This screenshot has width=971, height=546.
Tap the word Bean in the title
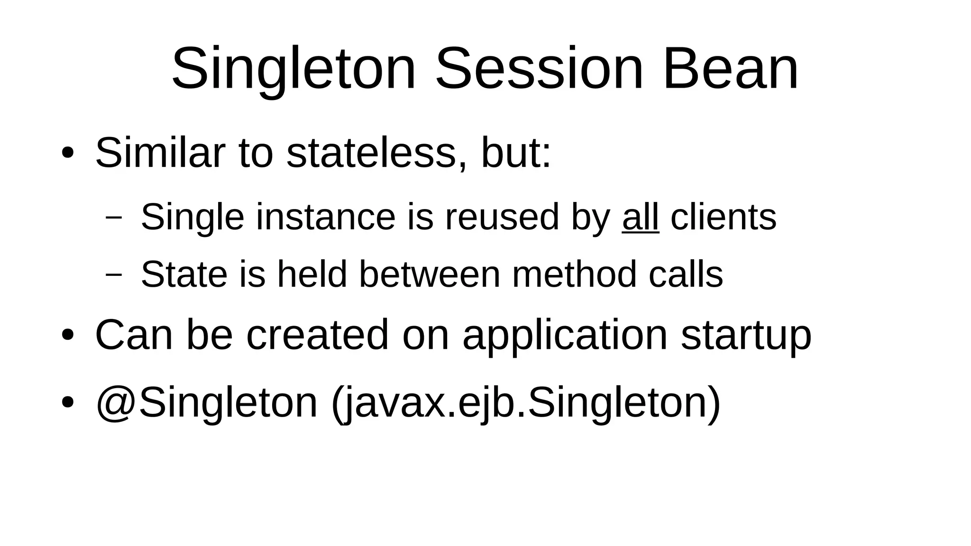[731, 69]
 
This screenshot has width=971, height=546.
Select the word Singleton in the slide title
[293, 69]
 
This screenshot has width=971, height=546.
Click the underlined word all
[640, 217]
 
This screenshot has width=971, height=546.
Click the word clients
[724, 217]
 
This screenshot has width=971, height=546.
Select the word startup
[746, 336]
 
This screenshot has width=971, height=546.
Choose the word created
[317, 335]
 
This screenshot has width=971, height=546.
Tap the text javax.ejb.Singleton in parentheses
[525, 403]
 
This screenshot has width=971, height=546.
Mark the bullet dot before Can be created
[67, 335]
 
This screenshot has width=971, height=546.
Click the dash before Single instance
[114, 218]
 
